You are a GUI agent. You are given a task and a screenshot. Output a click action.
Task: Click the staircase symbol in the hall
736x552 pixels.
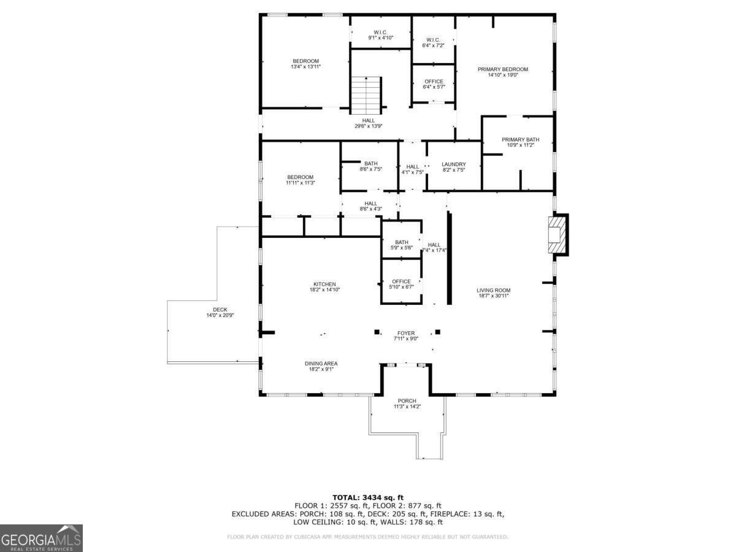click(366, 95)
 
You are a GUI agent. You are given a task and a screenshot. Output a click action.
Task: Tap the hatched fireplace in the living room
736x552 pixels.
click(558, 234)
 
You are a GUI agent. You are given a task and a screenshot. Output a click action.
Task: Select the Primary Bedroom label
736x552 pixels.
click(502, 69)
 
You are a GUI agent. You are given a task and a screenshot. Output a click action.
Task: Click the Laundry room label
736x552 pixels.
click(454, 164)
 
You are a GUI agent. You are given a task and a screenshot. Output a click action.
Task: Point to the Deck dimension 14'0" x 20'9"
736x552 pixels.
click(220, 315)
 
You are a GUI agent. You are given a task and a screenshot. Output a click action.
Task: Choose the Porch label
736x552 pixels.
click(407, 401)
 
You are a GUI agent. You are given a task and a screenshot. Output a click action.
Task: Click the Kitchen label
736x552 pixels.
click(324, 284)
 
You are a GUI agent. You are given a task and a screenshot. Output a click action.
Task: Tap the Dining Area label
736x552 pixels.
click(321, 364)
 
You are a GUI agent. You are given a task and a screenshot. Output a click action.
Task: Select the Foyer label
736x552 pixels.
click(406, 333)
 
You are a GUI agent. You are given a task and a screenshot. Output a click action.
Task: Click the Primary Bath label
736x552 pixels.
click(520, 140)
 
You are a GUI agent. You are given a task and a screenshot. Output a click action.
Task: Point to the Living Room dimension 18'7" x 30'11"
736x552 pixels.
click(494, 296)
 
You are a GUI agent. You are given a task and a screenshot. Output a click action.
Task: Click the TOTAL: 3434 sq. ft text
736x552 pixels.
click(368, 497)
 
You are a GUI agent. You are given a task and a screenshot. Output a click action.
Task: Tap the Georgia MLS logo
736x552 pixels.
click(41, 539)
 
